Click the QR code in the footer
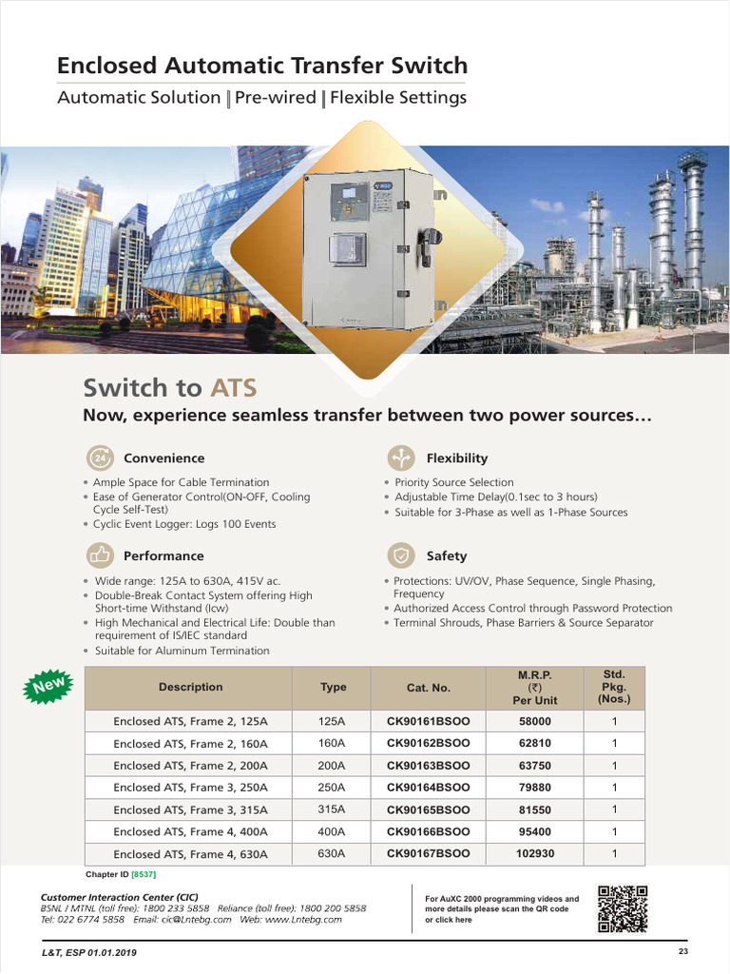coord(622,908)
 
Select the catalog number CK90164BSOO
coord(428,788)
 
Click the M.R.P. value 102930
coord(534,854)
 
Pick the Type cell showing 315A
coord(332,809)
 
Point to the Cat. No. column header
coord(428,687)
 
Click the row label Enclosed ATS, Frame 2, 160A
coord(190,744)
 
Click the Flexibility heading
coord(456,458)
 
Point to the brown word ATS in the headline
coord(233,388)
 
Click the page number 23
coord(682,952)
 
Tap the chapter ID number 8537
coord(144,874)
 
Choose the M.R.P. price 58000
coord(534,722)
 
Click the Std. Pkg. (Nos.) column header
coord(614,687)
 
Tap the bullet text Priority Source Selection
coord(454,482)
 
